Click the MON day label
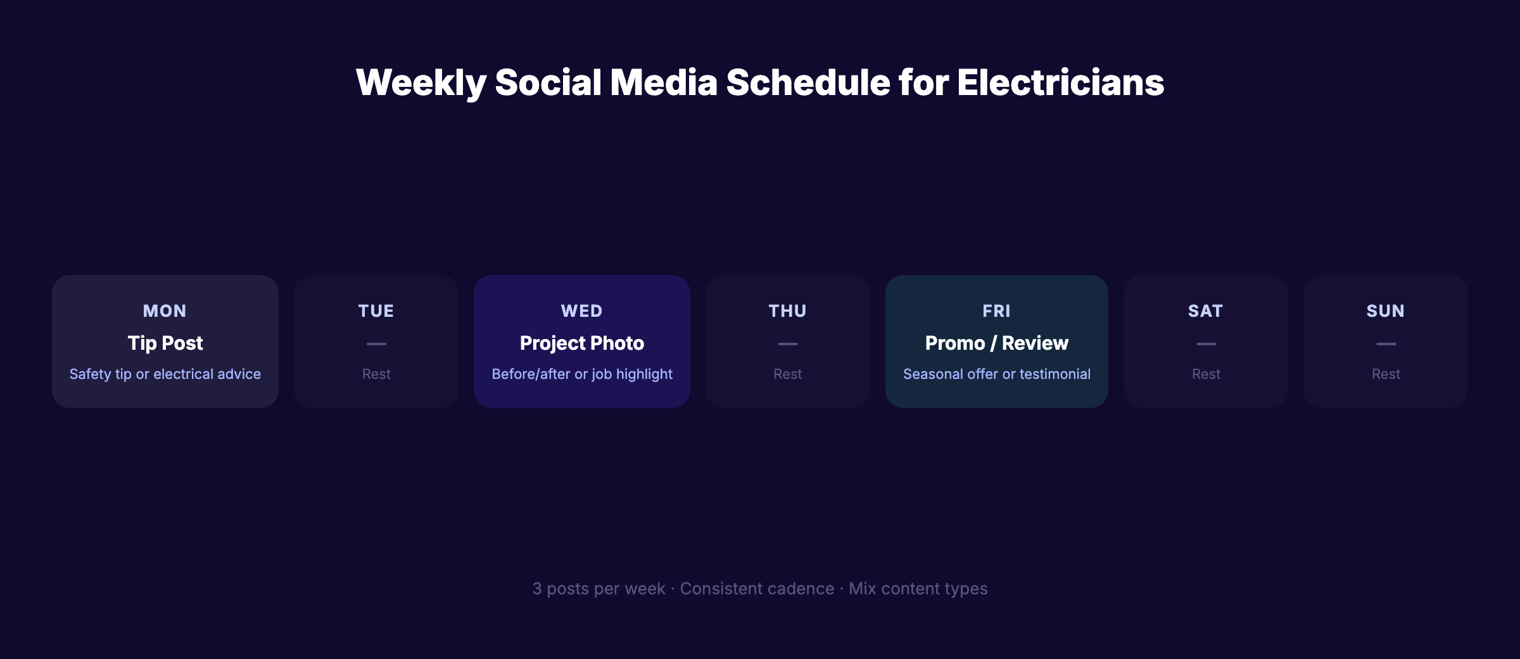coord(165,311)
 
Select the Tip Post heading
coord(165,343)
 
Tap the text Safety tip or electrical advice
coord(165,374)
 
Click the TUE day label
coord(376,311)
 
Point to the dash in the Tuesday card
coord(376,343)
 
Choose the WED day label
coord(581,311)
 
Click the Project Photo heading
coord(581,343)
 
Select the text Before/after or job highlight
coord(581,374)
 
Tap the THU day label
coord(787,311)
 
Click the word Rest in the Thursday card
coord(787,374)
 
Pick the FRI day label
coord(996,311)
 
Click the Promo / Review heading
coord(996,343)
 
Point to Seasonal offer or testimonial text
coord(996,374)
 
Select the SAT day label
coord(1205,311)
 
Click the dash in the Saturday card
coord(1206,343)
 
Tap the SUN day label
coord(1385,311)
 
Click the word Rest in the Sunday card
coord(1386,374)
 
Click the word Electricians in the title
coord(1060,82)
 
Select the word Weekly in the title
coord(421,82)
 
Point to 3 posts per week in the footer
coord(598,589)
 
